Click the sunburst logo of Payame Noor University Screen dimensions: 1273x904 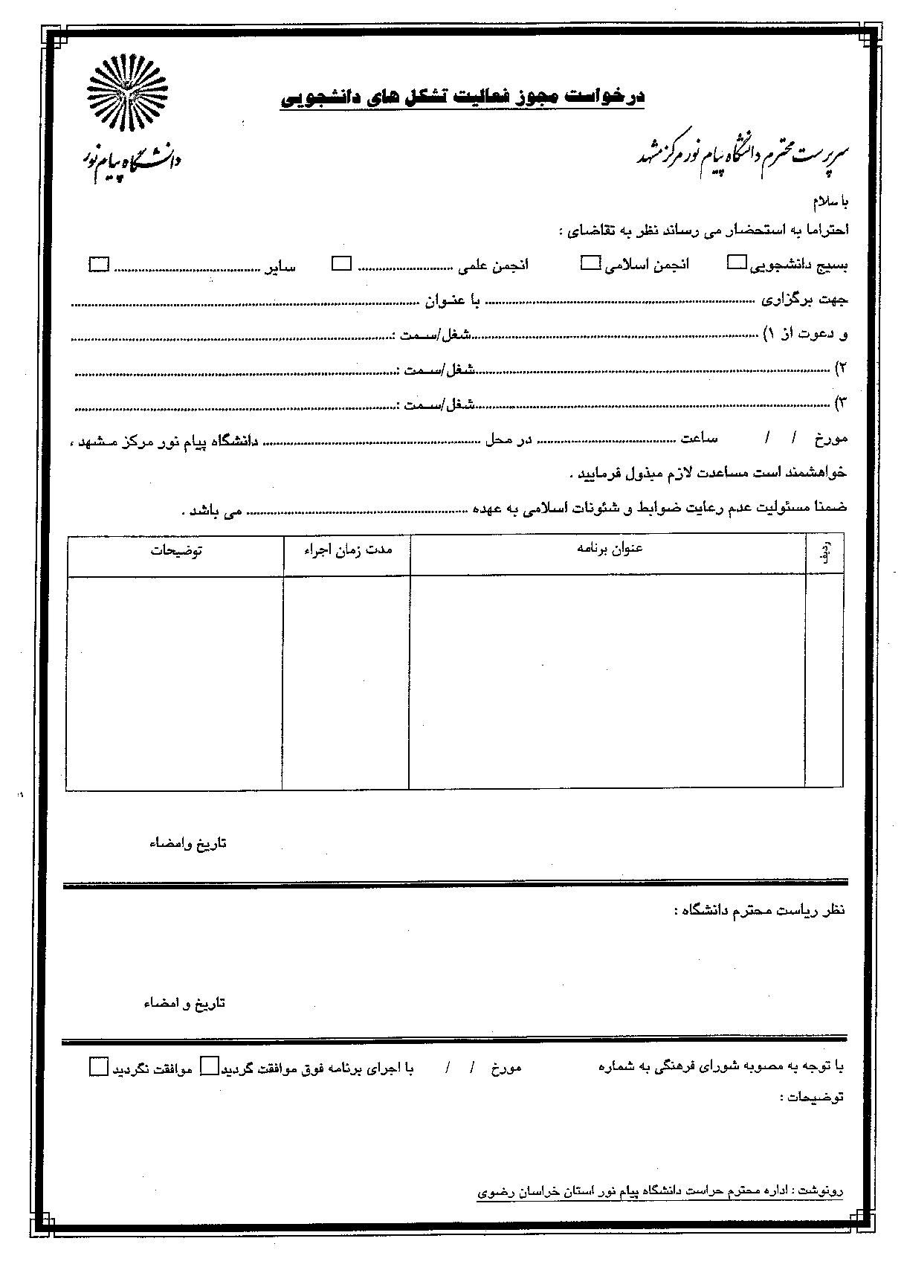(129, 94)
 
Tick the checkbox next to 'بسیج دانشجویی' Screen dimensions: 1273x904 (737, 262)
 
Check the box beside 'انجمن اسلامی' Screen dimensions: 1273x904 (590, 262)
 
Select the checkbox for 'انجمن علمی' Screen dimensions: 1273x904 (341, 263)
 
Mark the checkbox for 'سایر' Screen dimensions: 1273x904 (99, 264)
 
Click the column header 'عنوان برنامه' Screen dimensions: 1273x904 (610, 549)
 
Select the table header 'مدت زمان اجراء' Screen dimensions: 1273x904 (347, 550)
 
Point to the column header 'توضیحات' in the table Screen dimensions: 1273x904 (177, 550)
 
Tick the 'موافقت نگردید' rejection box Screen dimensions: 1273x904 (98, 1066)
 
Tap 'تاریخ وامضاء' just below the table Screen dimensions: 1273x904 (188, 843)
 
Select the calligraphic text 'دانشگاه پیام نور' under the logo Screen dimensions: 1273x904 (132, 158)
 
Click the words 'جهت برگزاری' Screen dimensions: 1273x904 (804, 300)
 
